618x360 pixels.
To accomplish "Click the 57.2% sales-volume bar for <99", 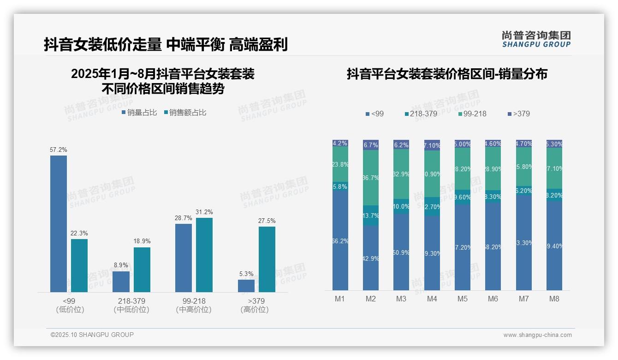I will click(59, 224).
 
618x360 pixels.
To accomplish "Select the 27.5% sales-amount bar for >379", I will click(267, 259).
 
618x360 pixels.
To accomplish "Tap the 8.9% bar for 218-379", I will click(121, 282).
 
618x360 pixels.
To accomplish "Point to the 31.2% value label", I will click(204, 212).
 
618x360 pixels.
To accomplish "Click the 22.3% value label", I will click(79, 234).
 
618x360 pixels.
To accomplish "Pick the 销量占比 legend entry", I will click(139, 113).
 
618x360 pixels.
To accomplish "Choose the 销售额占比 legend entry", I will click(185, 113).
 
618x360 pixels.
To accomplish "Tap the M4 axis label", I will click(432, 299).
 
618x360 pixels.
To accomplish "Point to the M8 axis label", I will click(554, 299).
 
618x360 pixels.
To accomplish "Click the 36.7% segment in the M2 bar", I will click(371, 178).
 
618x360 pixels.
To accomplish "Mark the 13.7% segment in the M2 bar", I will click(371, 216).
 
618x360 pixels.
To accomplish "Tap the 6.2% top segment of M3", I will click(401, 144).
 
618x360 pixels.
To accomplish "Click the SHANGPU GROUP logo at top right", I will click(536, 39).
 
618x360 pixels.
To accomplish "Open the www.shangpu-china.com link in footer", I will click(537, 335).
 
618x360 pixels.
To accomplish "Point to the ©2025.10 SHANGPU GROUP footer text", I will click(92, 335).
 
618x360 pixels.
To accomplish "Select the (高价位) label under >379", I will click(254, 310).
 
